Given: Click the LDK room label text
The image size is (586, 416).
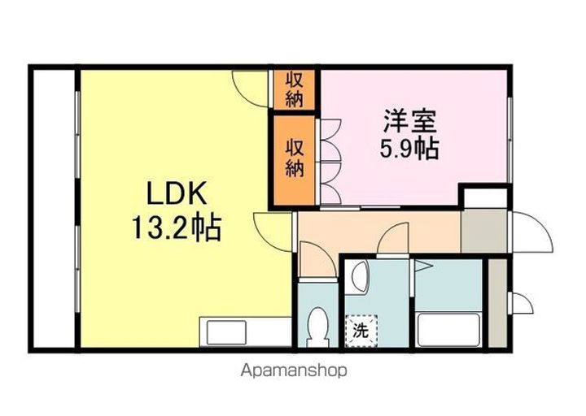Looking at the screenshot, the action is click(x=177, y=193).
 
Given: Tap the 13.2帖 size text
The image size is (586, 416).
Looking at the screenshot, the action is click(x=176, y=228).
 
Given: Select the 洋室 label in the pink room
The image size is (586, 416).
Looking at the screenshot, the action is click(x=409, y=121).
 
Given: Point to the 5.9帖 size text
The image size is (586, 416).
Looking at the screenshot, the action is click(x=409, y=149).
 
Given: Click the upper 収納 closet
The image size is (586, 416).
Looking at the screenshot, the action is click(x=295, y=89).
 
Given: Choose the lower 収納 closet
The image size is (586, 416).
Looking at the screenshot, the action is click(x=295, y=160).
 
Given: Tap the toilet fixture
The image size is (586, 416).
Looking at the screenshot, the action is click(x=317, y=327).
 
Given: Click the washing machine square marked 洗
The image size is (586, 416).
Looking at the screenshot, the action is click(x=361, y=331).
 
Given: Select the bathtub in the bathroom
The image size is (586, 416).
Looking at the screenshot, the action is click(x=448, y=330).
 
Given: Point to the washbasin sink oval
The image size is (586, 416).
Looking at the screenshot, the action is click(x=360, y=276).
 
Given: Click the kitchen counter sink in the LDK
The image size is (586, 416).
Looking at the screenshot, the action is click(x=227, y=332).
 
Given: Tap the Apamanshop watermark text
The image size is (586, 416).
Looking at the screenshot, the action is click(x=294, y=370).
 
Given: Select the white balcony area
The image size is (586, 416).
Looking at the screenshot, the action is click(x=55, y=209).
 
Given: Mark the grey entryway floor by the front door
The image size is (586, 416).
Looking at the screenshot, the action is click(x=484, y=232).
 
